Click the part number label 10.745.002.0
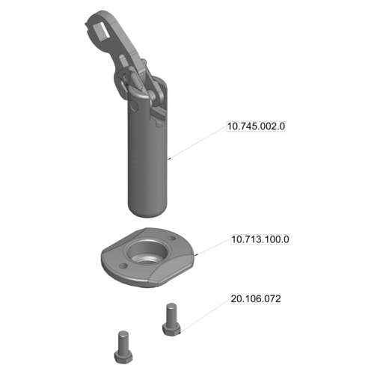[x=256, y=126]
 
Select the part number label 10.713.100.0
[x=260, y=239]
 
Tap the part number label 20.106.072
[x=256, y=298]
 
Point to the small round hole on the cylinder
[x=134, y=105]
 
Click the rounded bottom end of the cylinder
[x=147, y=212]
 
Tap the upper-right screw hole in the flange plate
[x=171, y=238]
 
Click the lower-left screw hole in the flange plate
[x=123, y=266]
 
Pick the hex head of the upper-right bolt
[x=171, y=328]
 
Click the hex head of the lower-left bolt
[x=123, y=357]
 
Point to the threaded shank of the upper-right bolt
[x=171, y=313]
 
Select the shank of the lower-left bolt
[x=123, y=341]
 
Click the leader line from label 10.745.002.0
[x=197, y=142]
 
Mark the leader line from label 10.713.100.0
[x=214, y=247]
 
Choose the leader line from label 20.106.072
[x=206, y=315]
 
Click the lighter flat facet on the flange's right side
[x=172, y=271]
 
